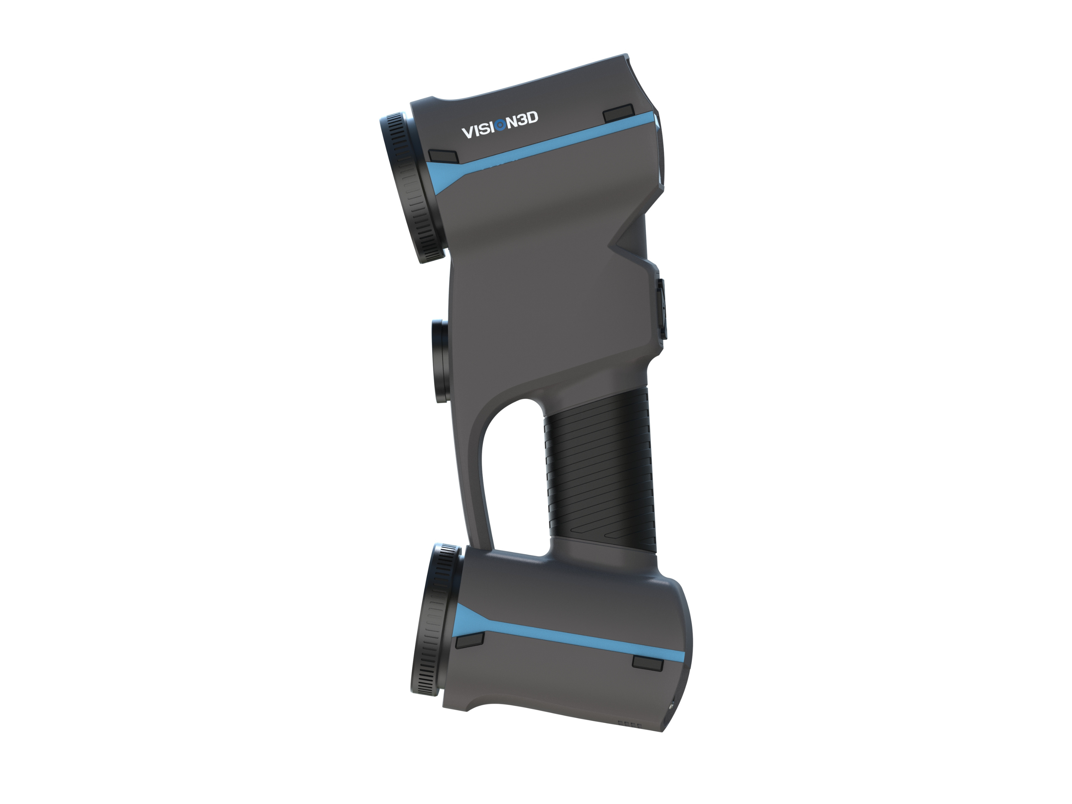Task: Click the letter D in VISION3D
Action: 532,118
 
